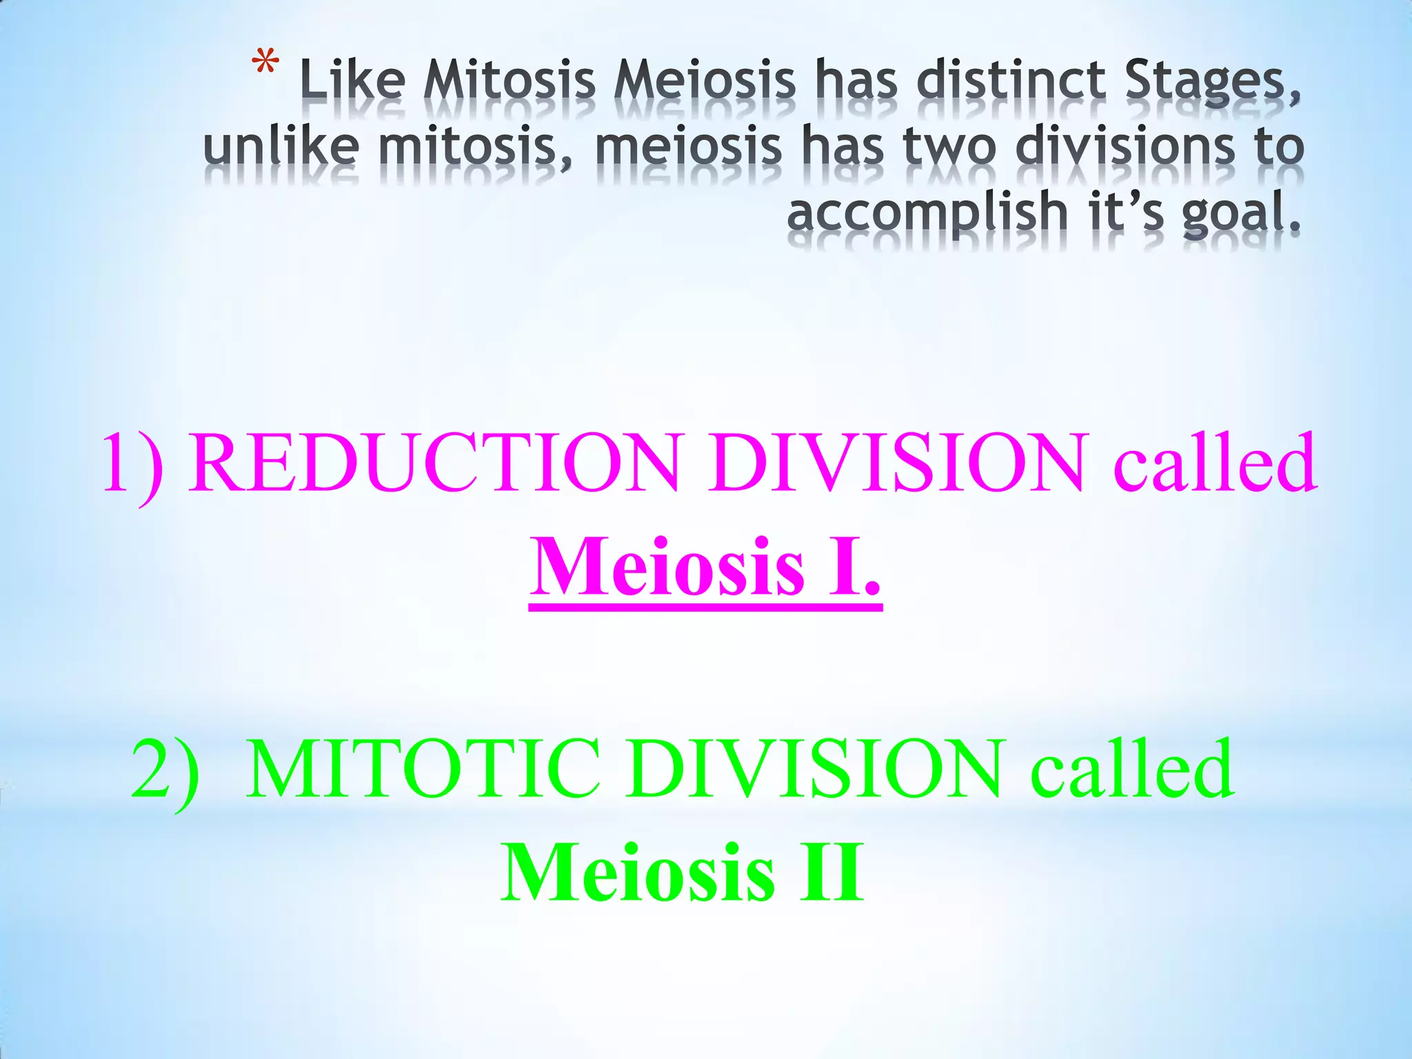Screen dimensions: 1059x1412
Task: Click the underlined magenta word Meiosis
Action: [x=667, y=567]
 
